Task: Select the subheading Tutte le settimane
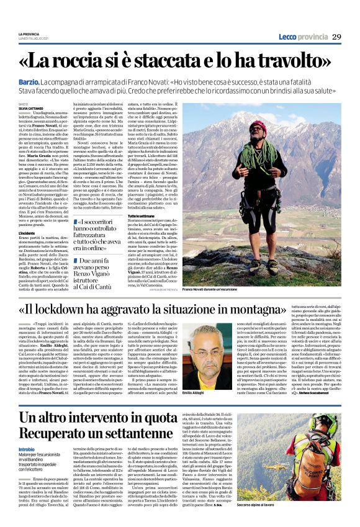194,215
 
